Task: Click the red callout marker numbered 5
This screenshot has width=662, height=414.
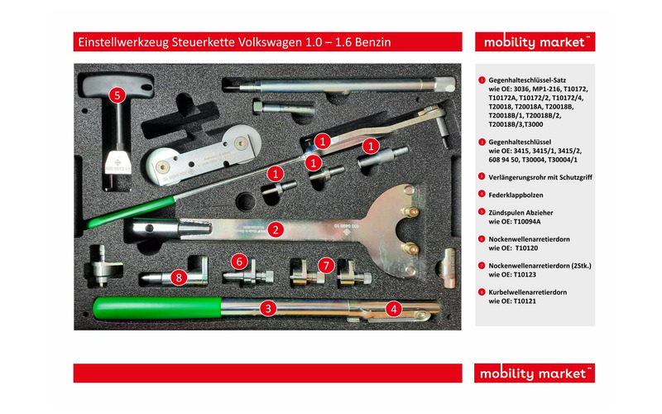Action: click(117, 95)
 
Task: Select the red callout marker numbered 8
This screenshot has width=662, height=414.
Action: click(179, 277)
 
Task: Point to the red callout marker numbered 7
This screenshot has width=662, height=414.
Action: click(327, 265)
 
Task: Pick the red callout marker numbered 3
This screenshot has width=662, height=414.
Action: click(267, 308)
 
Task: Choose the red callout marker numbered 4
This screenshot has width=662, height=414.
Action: click(395, 308)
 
